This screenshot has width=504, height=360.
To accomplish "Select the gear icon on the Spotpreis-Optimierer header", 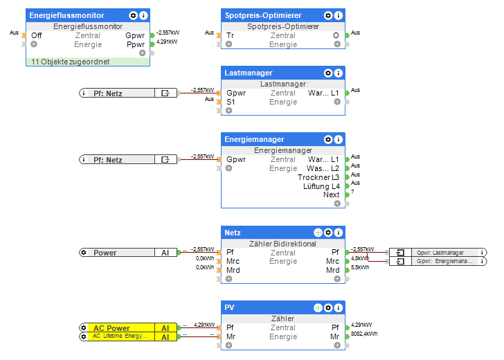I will click(x=328, y=15).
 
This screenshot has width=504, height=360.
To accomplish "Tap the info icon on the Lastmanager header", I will click(x=339, y=73).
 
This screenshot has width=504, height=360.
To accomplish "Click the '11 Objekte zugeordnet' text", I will click(x=71, y=62).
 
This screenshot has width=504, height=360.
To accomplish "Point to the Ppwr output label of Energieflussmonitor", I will click(x=136, y=44).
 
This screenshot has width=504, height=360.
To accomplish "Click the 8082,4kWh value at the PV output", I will click(x=364, y=334).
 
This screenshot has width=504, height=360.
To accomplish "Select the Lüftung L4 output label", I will click(x=321, y=186).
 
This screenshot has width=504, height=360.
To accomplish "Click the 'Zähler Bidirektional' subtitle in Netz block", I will click(x=282, y=244).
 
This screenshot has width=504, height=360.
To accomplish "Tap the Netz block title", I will click(x=233, y=233).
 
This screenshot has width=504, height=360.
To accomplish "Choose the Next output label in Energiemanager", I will click(x=331, y=195).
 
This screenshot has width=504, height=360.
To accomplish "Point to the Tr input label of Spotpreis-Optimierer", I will click(x=230, y=35).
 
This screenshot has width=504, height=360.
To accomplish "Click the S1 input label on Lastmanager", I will click(x=231, y=102).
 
